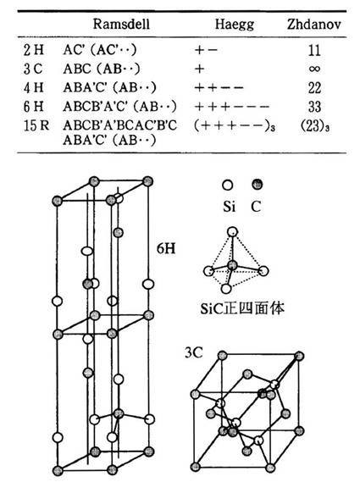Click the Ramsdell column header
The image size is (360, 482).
(x=121, y=24)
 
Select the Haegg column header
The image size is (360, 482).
(x=235, y=25)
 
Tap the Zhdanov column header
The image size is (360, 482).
(x=314, y=24)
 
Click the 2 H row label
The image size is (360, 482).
(x=34, y=50)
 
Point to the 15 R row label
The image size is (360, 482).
(x=36, y=125)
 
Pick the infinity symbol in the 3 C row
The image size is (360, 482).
(x=314, y=69)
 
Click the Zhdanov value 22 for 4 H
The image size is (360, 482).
(x=314, y=88)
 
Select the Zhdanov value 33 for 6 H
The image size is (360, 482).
(x=314, y=107)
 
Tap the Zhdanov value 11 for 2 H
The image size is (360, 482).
(x=314, y=50)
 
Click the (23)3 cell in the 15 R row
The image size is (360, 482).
(x=315, y=126)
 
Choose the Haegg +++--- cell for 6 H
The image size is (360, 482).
(x=232, y=107)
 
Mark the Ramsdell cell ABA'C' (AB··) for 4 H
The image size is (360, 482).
(x=110, y=87)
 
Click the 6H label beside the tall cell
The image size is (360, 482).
(x=166, y=247)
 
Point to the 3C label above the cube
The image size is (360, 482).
(x=194, y=352)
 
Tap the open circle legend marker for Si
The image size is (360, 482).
(x=228, y=185)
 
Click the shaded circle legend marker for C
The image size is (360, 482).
(x=257, y=185)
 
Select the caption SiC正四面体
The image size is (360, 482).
(x=242, y=308)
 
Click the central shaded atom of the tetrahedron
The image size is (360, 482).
(x=232, y=265)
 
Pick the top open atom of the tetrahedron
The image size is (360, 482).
(x=232, y=231)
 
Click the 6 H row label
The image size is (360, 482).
(x=34, y=107)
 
